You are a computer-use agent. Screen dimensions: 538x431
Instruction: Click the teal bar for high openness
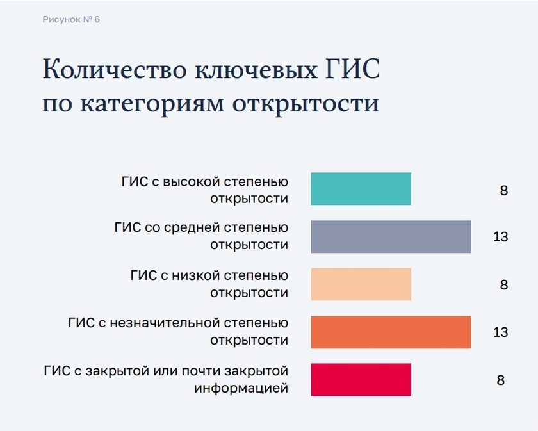[361, 189]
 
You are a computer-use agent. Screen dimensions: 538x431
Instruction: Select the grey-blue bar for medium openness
[391, 237]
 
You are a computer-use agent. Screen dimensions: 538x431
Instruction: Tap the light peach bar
[361, 284]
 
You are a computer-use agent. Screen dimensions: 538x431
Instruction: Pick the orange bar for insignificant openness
[391, 332]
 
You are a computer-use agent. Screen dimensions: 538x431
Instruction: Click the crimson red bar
[361, 380]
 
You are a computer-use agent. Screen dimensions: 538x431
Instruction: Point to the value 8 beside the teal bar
[503, 190]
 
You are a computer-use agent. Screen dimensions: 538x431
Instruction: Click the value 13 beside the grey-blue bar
[501, 237]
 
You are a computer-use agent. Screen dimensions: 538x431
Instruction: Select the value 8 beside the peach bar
[503, 284]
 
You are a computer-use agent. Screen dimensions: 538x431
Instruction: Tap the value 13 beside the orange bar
[501, 332]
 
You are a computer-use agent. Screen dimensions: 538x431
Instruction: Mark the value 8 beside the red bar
[501, 380]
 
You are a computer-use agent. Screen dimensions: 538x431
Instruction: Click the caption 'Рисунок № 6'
[71, 20]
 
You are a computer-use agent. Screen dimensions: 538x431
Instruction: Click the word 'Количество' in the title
[115, 69]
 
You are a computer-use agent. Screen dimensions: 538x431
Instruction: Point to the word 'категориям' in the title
[152, 104]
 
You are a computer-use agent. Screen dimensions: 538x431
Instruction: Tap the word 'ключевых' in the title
[256, 70]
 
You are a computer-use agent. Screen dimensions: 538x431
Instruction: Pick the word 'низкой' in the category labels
[195, 275]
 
